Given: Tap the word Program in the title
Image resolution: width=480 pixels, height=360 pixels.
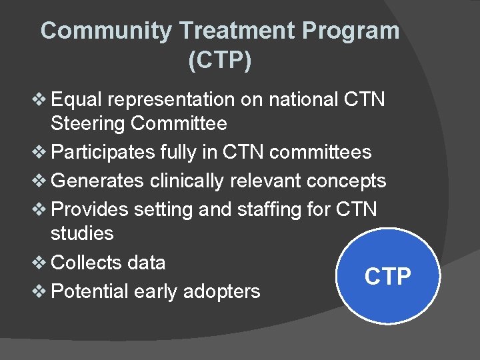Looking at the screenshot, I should [351, 31].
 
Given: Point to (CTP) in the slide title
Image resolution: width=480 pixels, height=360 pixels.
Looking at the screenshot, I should [220, 61].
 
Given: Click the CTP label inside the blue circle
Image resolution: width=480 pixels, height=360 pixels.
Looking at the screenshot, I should [388, 277].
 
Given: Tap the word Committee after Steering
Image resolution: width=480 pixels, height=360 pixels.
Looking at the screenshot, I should [179, 124].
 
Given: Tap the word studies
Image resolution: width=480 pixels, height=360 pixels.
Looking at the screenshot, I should [82, 234].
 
